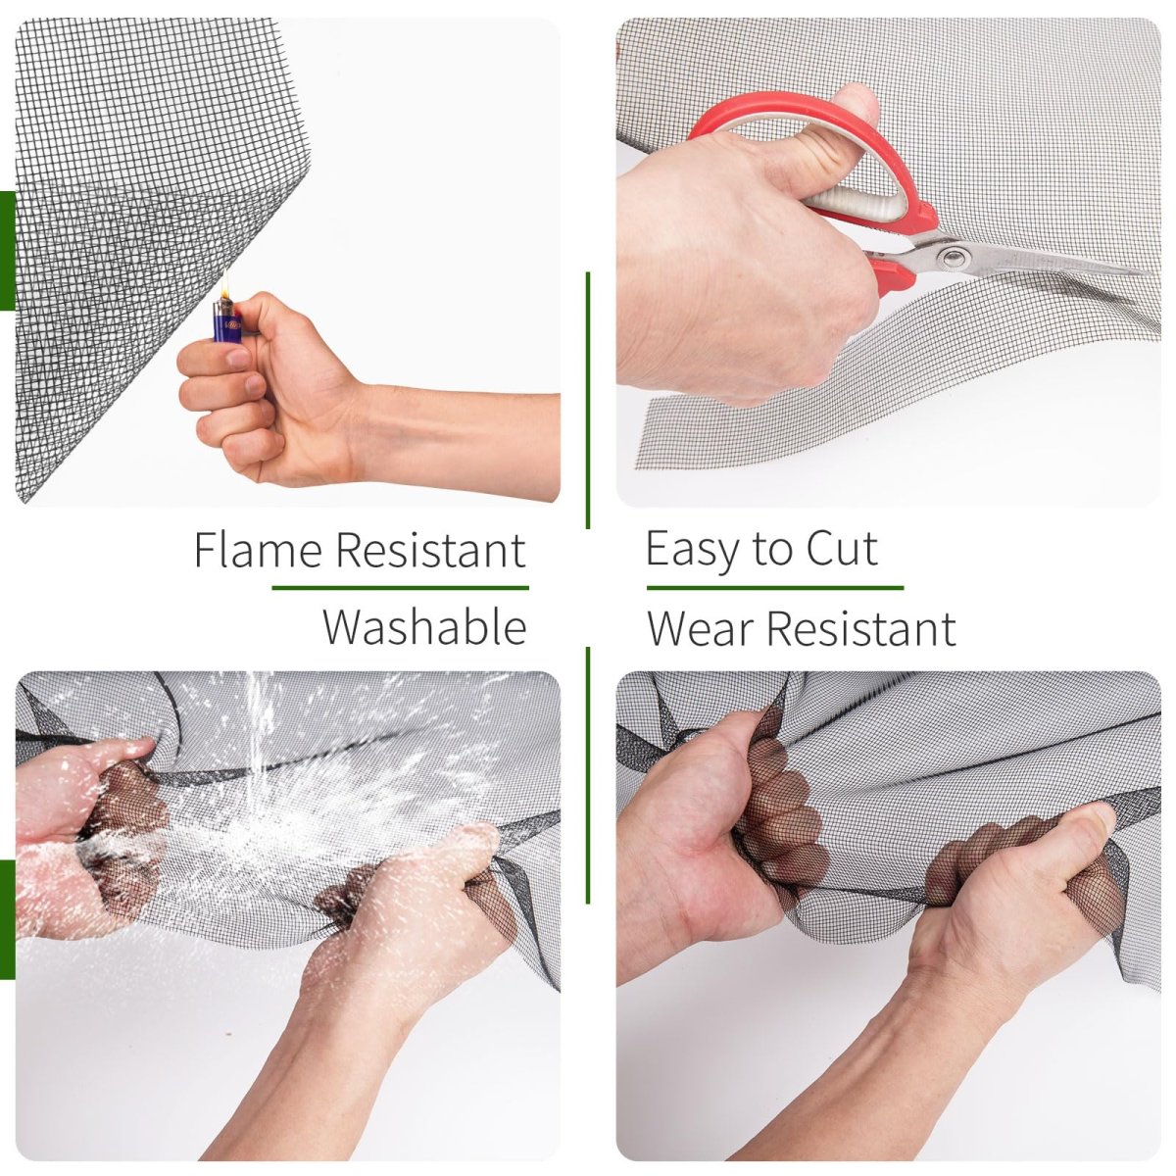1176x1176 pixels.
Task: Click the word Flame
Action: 258,550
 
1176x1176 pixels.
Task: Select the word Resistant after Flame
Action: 430,550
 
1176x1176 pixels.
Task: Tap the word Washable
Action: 424,627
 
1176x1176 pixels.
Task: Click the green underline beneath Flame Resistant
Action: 401,588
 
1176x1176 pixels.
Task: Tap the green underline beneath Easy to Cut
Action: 775,588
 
